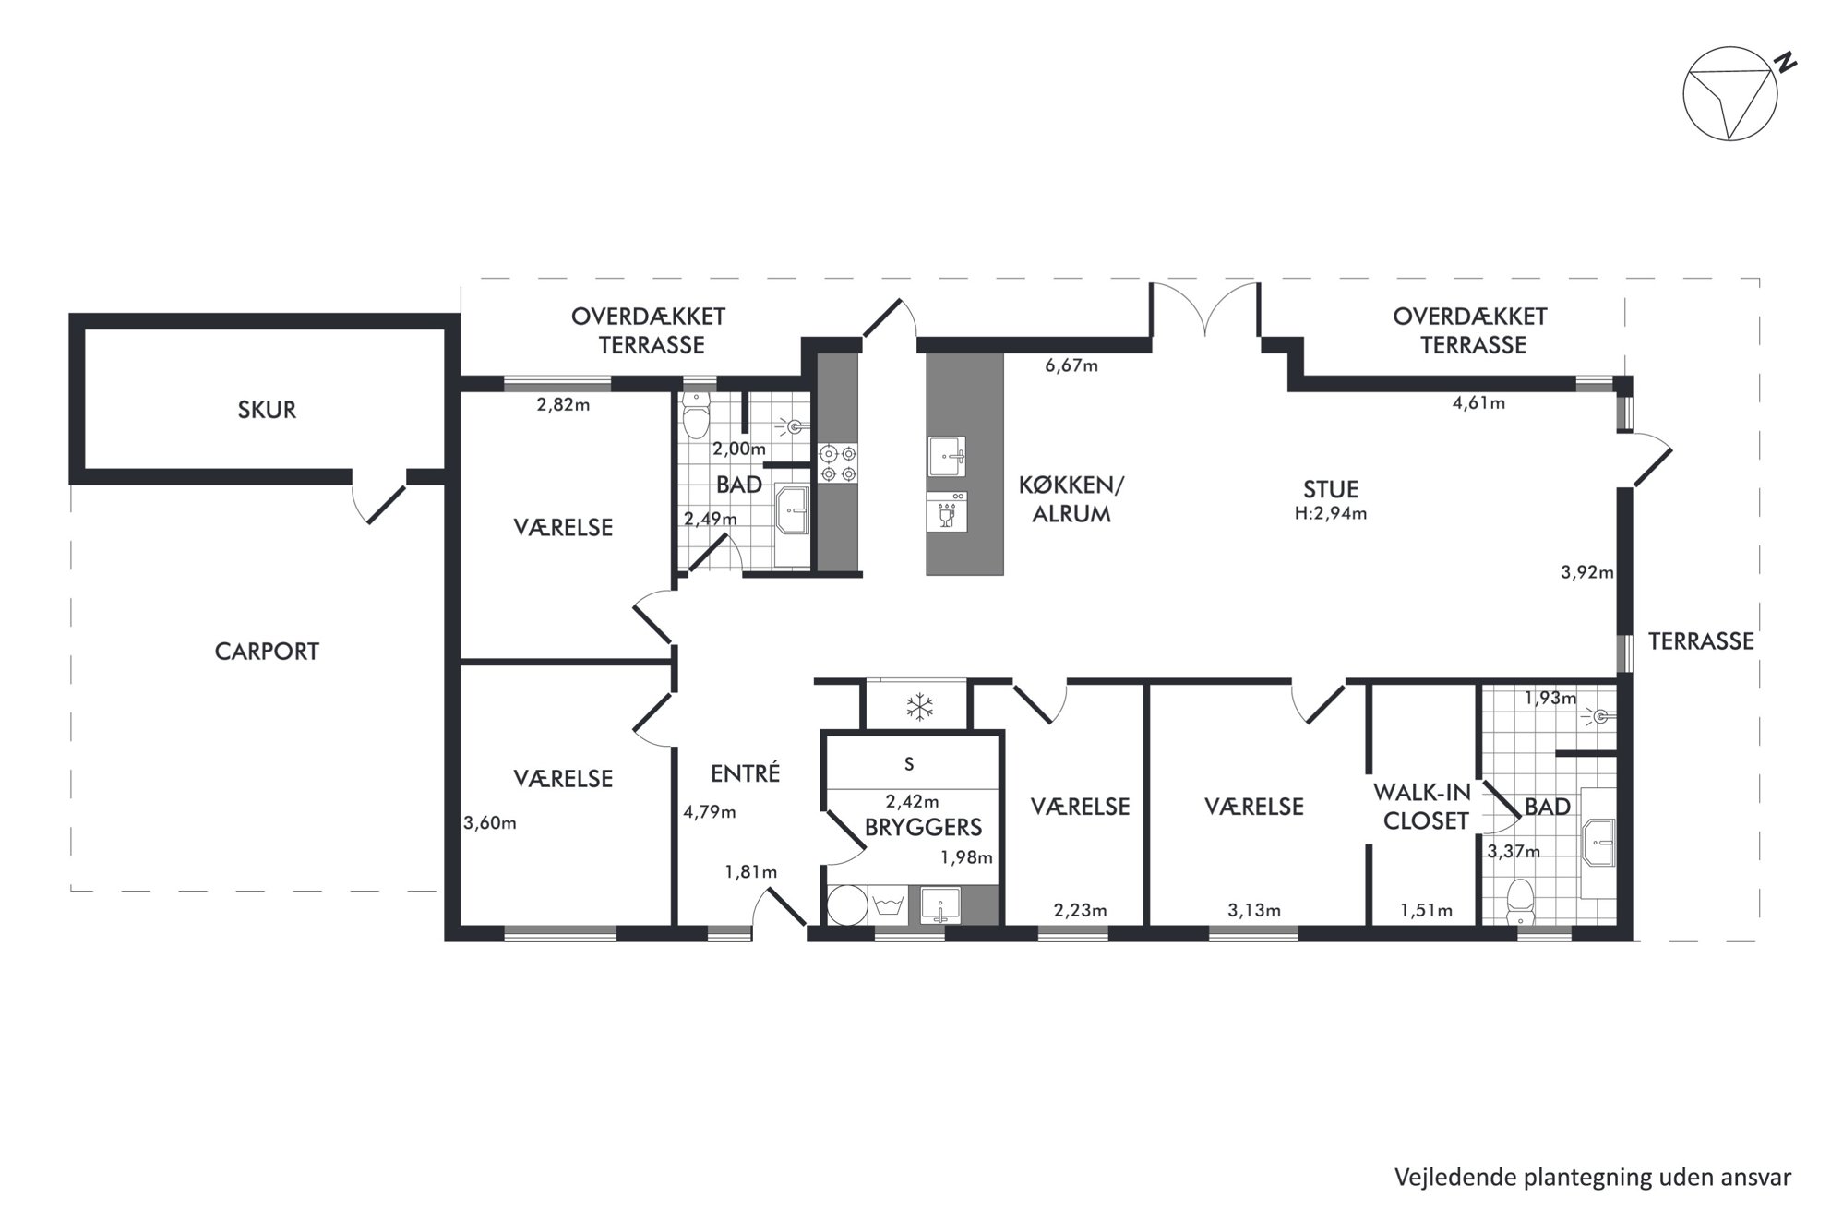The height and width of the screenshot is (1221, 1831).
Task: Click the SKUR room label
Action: (267, 410)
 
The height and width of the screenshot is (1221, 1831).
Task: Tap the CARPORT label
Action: (267, 652)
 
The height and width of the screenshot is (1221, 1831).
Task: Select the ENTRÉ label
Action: (746, 773)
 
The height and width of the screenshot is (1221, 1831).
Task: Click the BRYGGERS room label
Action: (923, 828)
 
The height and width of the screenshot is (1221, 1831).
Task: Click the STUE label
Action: (1331, 489)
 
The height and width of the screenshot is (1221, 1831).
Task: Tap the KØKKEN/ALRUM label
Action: (1071, 499)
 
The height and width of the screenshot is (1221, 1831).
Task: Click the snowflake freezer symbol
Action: (919, 708)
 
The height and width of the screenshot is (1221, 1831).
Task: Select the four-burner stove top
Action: (838, 463)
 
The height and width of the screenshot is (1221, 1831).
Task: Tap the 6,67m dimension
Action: (1071, 365)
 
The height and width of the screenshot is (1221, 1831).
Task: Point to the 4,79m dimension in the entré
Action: (710, 812)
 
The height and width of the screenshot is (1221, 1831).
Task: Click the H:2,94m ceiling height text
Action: (1330, 514)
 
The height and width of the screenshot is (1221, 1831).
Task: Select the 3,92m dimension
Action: (1587, 572)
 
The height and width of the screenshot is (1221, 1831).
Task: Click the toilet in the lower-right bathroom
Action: (1518, 901)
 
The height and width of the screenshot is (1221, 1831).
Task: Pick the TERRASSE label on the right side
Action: (1701, 641)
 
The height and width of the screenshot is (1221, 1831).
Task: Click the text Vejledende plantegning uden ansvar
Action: (1593, 1178)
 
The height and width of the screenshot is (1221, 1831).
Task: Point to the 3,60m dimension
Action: (490, 823)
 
